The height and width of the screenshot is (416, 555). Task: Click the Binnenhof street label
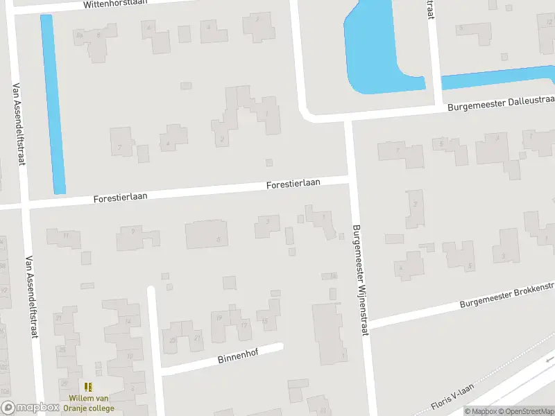tap(237, 358)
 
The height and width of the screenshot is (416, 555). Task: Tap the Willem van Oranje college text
tap(91, 404)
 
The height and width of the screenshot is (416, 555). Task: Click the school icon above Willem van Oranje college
tap(88, 387)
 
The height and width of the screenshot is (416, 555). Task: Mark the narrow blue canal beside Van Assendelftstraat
tap(53, 104)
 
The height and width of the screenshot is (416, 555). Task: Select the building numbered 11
tap(65, 236)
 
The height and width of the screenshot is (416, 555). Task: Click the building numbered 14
tap(127, 322)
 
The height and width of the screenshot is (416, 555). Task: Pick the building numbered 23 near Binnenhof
tap(173, 340)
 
